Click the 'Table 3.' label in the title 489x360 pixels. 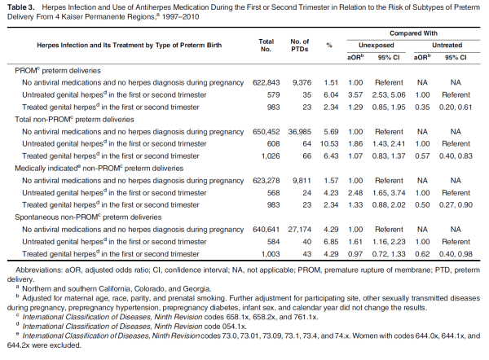19,7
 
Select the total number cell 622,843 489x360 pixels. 266,82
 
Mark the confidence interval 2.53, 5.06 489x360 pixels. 391,94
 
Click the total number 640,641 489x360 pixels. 266,230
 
